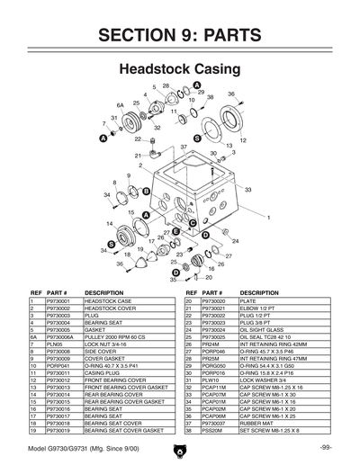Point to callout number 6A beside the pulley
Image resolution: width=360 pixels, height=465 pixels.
(x=120, y=105)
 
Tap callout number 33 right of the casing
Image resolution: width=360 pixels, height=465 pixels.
(x=247, y=190)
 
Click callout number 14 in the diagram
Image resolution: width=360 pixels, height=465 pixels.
(x=109, y=223)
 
